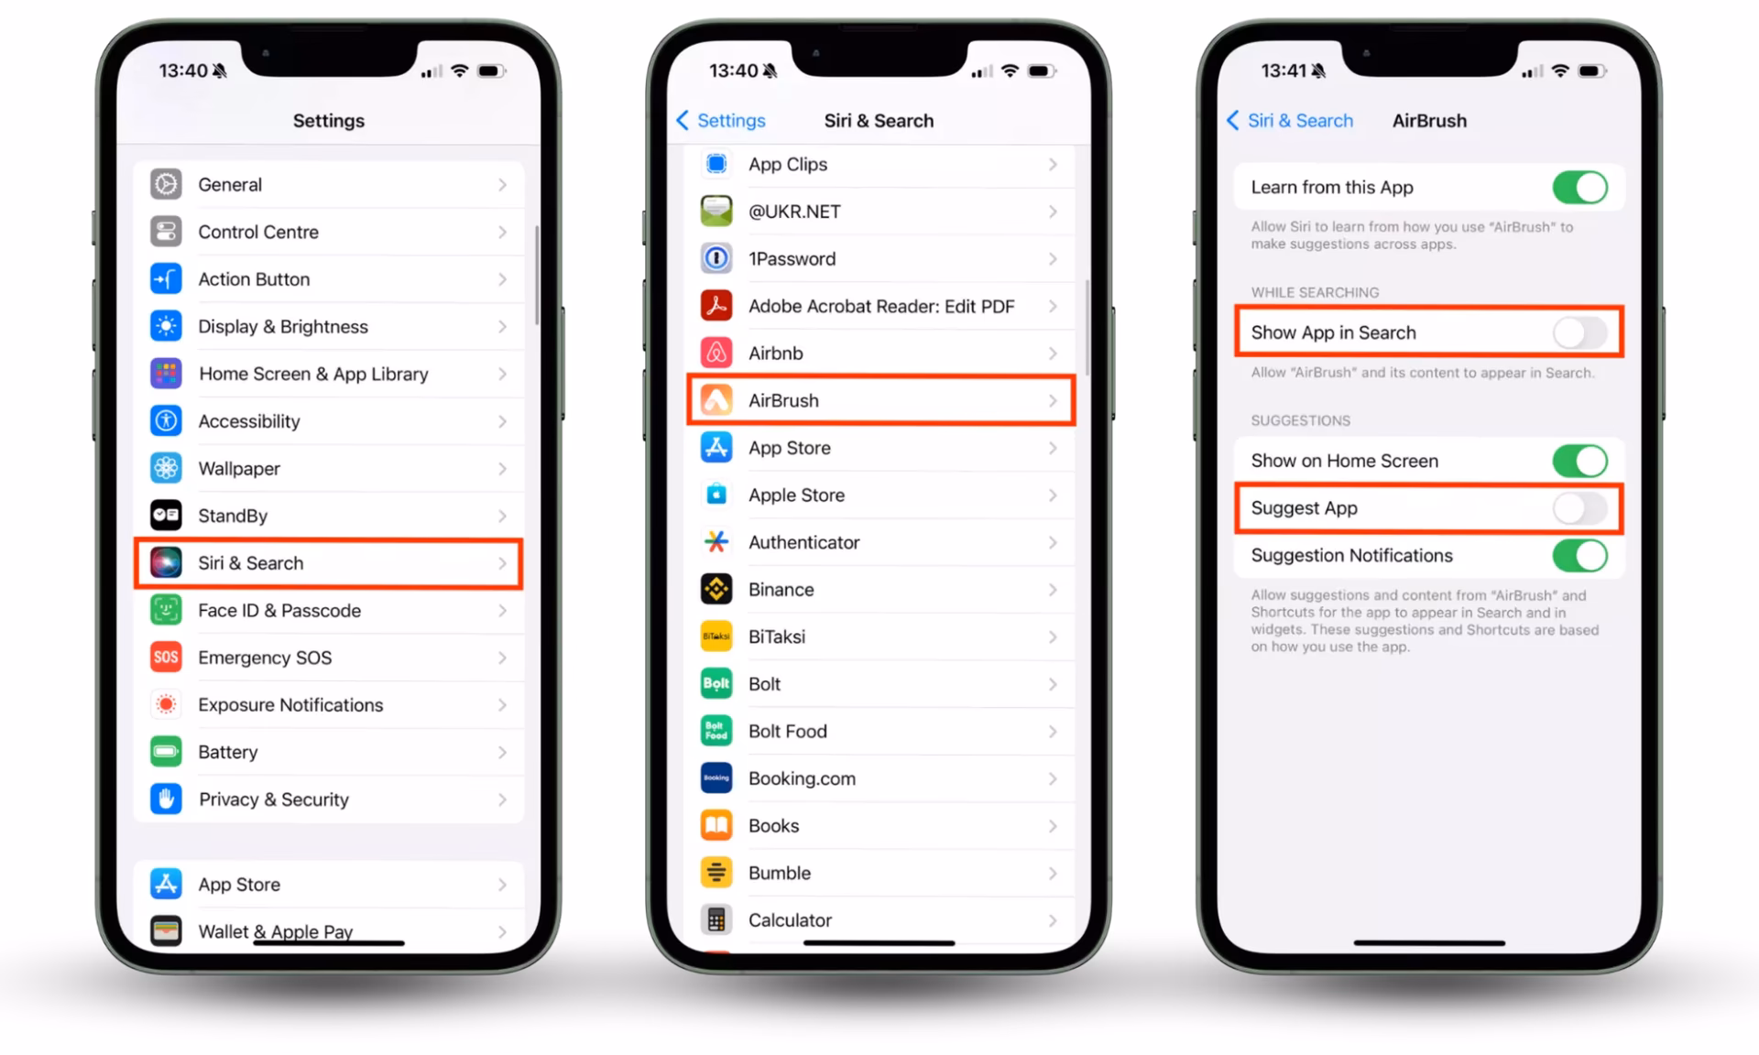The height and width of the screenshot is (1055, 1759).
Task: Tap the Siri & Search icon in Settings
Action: [166, 562]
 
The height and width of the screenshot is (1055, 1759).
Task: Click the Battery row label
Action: [227, 752]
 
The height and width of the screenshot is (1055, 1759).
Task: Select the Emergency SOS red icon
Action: [166, 657]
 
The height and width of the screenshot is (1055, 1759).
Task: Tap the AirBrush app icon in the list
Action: [716, 400]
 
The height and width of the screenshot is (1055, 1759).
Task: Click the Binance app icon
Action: [716, 589]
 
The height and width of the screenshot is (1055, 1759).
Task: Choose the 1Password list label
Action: [792, 259]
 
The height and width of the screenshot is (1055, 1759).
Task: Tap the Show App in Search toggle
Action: [1579, 332]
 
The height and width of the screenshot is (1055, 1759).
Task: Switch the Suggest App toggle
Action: [1579, 508]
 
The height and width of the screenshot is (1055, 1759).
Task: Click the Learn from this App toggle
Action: [1579, 188]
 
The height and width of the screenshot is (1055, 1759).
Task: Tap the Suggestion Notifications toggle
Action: [1579, 556]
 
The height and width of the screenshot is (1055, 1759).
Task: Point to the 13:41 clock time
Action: [1283, 71]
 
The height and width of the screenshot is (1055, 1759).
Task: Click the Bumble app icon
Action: [716, 873]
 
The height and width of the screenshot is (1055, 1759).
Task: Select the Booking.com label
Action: [802, 778]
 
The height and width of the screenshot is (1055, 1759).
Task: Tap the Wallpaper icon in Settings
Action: [166, 468]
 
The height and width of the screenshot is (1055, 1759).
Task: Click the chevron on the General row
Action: [503, 185]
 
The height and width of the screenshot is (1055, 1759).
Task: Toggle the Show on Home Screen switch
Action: [1579, 461]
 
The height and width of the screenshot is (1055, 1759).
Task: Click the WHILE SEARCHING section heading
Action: [1315, 292]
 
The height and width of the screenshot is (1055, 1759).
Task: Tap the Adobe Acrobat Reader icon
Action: [716, 306]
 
